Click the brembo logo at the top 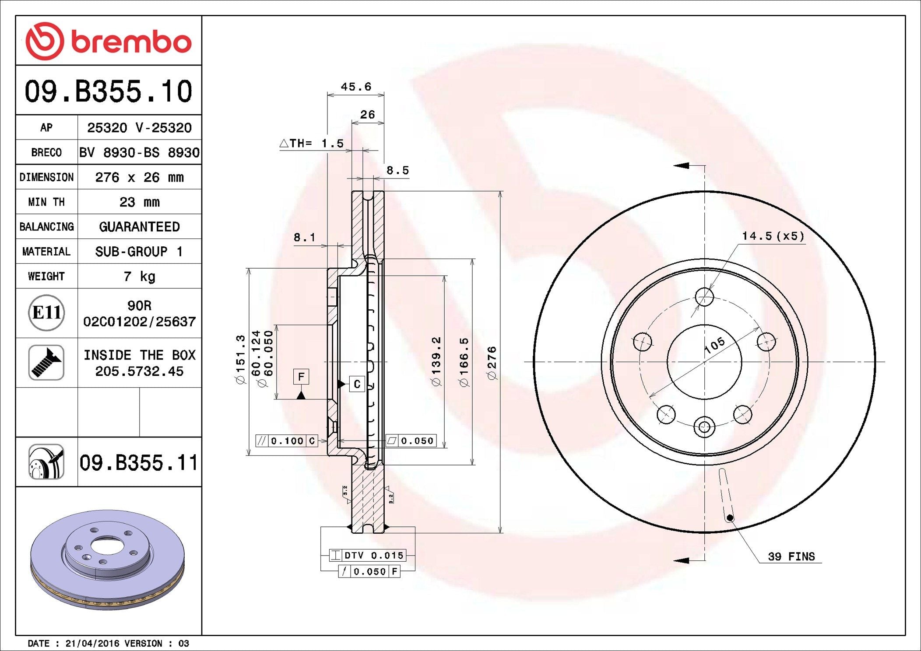click(109, 41)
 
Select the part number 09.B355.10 click(109, 91)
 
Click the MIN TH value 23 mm click(140, 202)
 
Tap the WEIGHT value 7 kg click(140, 276)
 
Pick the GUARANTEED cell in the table click(140, 227)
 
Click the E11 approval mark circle click(46, 313)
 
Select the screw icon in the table click(46, 362)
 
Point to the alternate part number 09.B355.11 click(139, 462)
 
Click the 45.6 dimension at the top click(356, 87)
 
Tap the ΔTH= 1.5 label click(312, 143)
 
